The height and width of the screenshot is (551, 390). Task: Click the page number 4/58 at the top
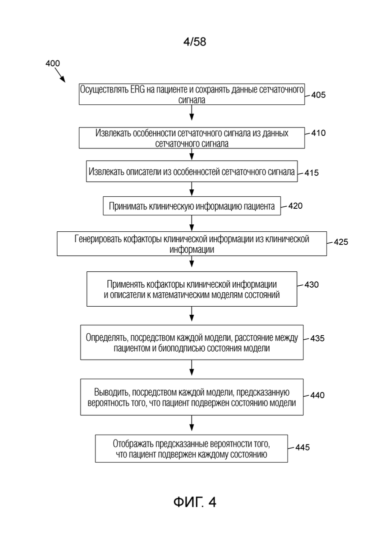pos(194,42)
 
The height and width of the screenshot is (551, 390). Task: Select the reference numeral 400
pos(53,63)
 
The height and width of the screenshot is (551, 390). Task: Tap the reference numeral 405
pos(318,95)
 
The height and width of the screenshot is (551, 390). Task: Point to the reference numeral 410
pos(318,133)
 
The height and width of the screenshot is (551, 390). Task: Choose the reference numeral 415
pos(311,172)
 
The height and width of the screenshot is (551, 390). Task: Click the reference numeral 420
pos(295,206)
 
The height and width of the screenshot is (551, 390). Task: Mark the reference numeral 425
pos(341,242)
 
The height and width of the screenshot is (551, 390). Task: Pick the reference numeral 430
pos(311,284)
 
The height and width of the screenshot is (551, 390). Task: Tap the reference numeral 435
pos(317,338)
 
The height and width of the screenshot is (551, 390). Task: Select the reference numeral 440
pos(317,395)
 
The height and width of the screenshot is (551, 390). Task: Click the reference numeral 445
pos(302,447)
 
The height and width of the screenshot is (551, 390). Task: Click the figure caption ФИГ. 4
pos(194,502)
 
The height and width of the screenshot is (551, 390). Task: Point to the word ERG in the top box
pos(137,89)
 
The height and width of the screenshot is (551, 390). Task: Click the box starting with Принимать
pos(191,206)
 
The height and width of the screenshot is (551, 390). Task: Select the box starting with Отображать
pos(191,449)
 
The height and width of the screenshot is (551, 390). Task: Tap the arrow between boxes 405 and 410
pos(191,112)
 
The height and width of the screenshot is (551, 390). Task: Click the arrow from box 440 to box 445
pos(191,423)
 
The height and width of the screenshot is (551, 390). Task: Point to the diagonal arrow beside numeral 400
pos(60,75)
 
